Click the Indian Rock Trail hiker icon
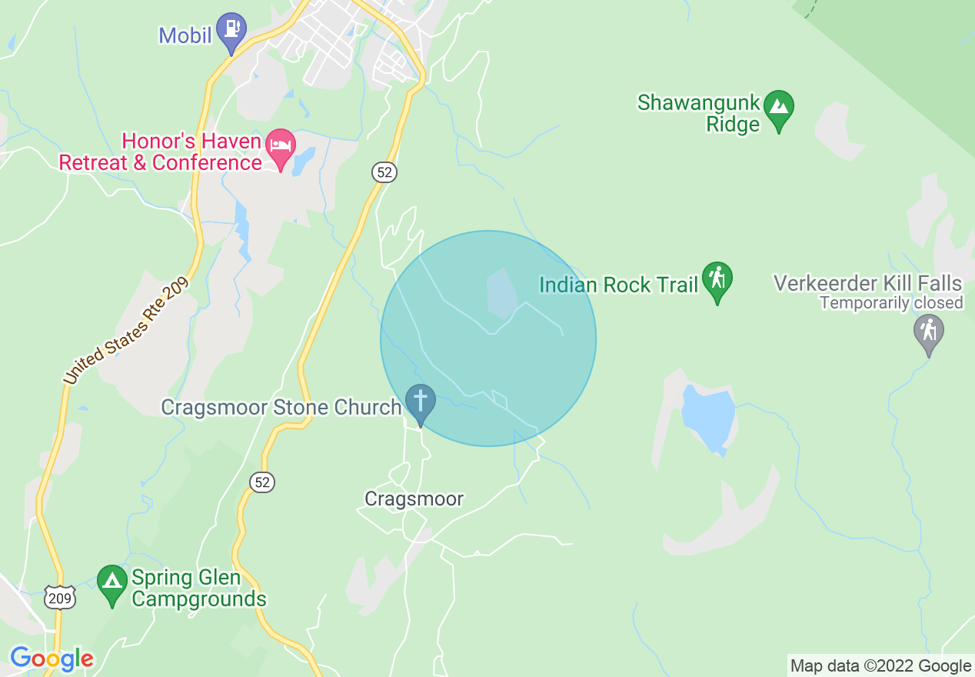coord(717,279)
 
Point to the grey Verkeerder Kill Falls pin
coord(929,332)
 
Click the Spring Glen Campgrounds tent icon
coord(112,582)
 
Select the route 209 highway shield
coord(58,598)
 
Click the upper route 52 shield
coord(385,172)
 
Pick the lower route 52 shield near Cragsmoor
coord(262,482)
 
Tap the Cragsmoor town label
coord(414,499)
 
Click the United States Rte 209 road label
coord(126,331)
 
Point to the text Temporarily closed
coord(891,303)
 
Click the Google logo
coord(52,659)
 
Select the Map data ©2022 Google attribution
coord(881,666)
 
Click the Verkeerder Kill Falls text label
coord(868,282)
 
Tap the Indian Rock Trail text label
coord(618,285)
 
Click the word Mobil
coord(185,35)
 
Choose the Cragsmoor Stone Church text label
coord(281,407)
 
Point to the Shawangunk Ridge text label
coord(698,113)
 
